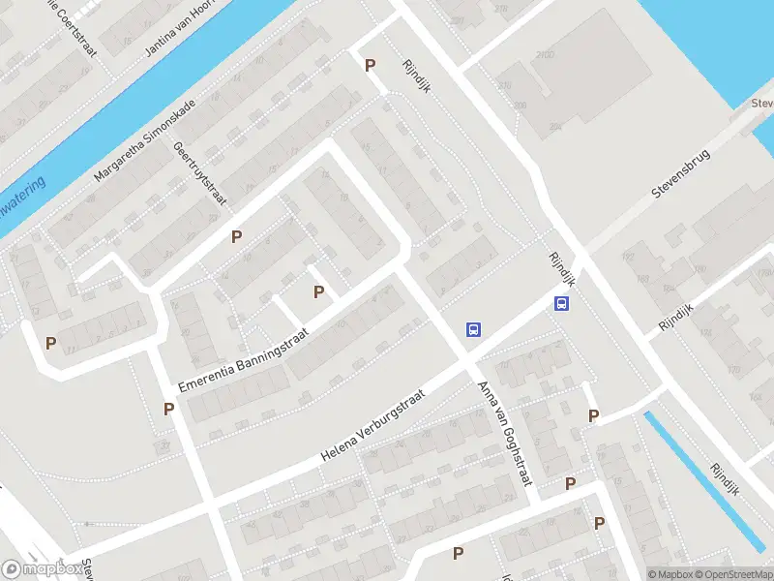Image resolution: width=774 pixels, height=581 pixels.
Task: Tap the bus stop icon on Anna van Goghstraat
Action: tap(473, 329)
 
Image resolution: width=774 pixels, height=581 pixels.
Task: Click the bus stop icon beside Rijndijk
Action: tap(561, 303)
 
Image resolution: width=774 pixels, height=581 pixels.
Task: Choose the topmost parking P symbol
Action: tap(369, 65)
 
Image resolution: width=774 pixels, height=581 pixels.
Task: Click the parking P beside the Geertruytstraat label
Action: tap(236, 236)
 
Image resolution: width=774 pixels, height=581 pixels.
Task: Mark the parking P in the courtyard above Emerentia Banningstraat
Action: tap(318, 291)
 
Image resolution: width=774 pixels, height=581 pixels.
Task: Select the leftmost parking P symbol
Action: tap(50, 342)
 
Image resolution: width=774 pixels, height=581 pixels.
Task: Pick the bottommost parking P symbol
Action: tap(458, 553)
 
